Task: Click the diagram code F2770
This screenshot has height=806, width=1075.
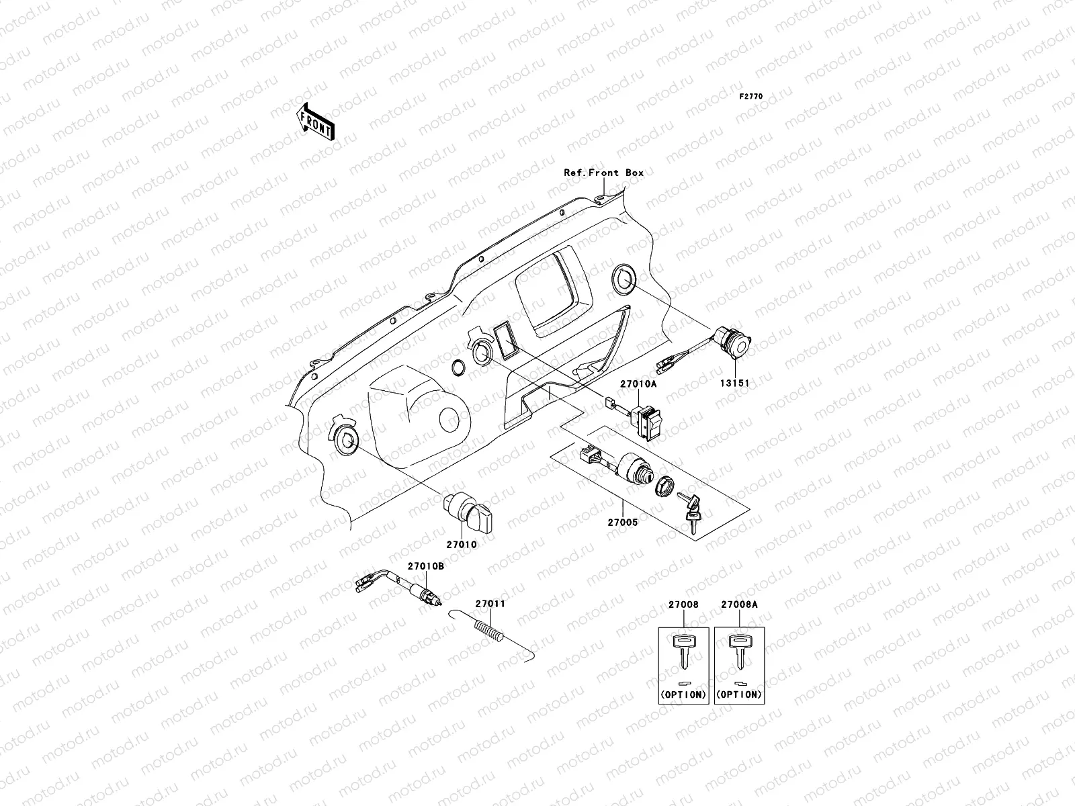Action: pyautogui.click(x=751, y=97)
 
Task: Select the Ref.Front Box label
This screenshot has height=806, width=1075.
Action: pyautogui.click(x=603, y=173)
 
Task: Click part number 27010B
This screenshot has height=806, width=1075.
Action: pyautogui.click(x=426, y=566)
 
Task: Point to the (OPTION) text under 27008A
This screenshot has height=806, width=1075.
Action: pyautogui.click(x=739, y=694)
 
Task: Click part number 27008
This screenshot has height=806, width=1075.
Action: pyautogui.click(x=683, y=604)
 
